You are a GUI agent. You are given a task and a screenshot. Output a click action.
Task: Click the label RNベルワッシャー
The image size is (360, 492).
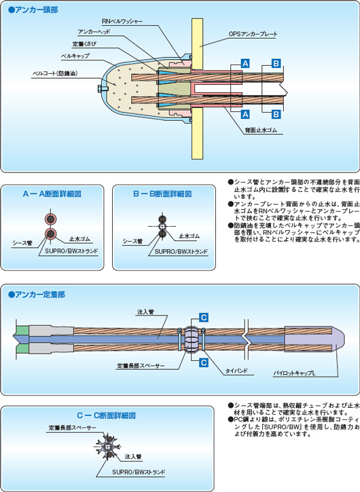pos(122,21)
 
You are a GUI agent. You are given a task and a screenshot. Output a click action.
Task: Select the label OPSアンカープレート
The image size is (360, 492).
pos(253,34)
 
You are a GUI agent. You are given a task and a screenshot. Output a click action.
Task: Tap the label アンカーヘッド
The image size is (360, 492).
pos(94,32)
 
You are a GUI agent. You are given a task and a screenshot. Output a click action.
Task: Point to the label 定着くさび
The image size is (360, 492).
pos(84,44)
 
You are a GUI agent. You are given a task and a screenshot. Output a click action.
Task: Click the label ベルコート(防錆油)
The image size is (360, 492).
pos(55,73)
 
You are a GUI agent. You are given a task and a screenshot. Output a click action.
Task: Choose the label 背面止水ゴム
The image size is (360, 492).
pos(261,130)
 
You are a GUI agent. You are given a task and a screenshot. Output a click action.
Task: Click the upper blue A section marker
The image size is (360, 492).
pos(245,63)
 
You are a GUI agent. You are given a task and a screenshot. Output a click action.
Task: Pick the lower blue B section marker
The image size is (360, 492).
pos(276,114)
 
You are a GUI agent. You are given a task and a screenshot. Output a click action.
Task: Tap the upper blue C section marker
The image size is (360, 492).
pos(204,318)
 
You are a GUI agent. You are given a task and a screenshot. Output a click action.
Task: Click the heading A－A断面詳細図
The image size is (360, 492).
pos(52,194)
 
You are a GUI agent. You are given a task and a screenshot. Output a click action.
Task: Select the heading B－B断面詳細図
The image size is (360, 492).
pos(162,194)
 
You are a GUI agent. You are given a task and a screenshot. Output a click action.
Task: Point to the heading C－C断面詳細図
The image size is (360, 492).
pos(107,415)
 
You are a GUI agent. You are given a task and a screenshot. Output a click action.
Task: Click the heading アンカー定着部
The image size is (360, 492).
pos(37,295)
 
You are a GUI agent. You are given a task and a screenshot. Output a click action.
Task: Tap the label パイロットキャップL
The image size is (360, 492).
pos(294,373)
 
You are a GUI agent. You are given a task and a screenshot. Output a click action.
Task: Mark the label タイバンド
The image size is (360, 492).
pos(236,371)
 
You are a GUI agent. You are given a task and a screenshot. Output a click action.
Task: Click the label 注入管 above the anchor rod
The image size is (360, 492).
pos(146,312)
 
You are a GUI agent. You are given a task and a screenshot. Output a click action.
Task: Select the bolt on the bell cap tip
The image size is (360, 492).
pos(102,89)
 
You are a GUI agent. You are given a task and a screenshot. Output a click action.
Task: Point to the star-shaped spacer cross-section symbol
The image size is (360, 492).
pos(107,446)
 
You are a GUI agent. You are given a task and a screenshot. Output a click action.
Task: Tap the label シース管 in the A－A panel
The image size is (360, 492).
pos(22,242)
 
